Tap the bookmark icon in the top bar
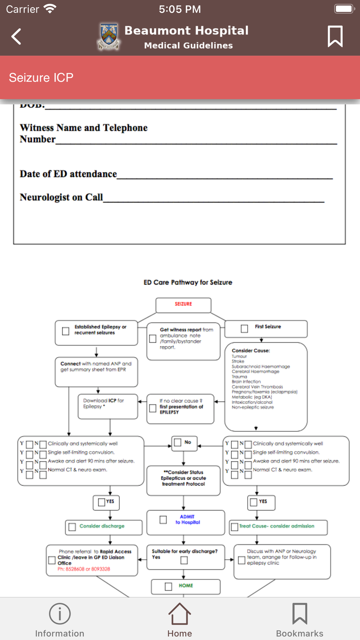coord(335,36)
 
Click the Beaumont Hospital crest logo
coord(109,36)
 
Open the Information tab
coord(60,620)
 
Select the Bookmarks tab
coord(300,620)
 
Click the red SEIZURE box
coord(183,305)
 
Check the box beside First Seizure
coord(244,329)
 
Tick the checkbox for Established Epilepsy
coord(66,331)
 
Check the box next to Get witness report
coord(153,339)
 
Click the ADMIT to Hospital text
coord(188,519)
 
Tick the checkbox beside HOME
coord(168,587)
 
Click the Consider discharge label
coord(102,526)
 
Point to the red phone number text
coord(84,569)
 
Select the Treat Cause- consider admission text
coord(276,526)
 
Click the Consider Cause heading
coord(251,351)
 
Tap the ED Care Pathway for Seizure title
coord(188,283)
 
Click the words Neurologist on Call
coord(61,197)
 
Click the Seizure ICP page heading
coord(41,77)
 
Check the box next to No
coord(178,442)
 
